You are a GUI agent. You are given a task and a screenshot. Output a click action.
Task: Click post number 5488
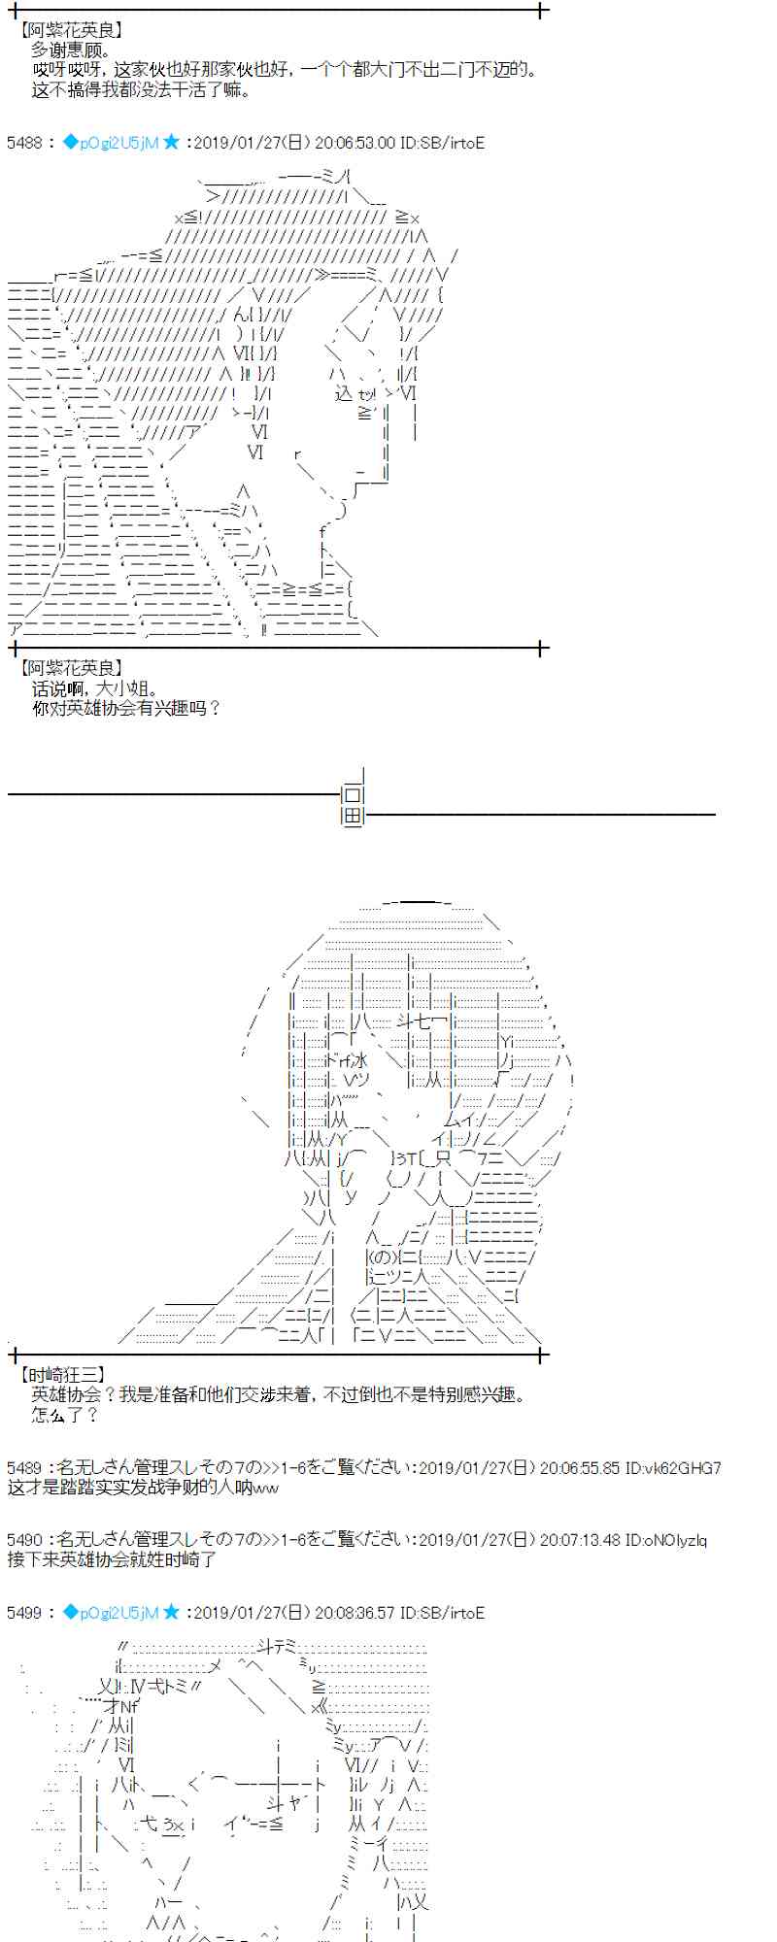[23, 143]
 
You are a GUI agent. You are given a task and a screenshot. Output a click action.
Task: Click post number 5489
[23, 1468]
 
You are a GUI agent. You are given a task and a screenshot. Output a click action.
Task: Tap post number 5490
[23, 1540]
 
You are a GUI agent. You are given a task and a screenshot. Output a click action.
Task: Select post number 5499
[23, 1613]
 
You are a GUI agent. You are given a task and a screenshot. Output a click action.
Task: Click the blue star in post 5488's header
[172, 143]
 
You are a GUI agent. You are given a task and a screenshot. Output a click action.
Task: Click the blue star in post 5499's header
[172, 1613]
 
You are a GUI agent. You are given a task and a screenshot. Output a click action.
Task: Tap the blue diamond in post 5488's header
[69, 143]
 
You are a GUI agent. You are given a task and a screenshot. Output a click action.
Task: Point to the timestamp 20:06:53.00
[355, 143]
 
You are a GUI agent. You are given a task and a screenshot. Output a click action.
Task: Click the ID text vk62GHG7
[686, 1468]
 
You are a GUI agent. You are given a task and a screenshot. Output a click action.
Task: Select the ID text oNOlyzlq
[672, 1540]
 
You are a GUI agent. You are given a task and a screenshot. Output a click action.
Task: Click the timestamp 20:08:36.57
[355, 1613]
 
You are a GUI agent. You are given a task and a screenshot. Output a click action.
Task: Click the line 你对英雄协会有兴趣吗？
[126, 708]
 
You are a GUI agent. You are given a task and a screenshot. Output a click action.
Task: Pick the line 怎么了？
[65, 1415]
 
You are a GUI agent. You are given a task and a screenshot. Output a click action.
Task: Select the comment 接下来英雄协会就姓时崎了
[112, 1559]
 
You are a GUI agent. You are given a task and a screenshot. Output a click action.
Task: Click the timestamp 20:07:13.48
[579, 1540]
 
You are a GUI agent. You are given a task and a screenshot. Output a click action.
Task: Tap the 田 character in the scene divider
[353, 818]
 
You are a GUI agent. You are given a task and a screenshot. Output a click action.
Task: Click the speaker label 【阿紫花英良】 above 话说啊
[71, 668]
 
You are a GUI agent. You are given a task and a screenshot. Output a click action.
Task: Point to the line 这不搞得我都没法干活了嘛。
[142, 90]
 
